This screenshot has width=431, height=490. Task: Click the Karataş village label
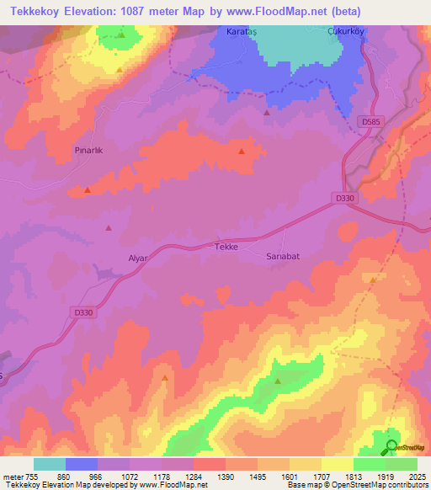[x=241, y=31]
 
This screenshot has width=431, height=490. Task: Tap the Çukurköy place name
[x=344, y=31]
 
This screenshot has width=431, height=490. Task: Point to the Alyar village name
[x=138, y=259]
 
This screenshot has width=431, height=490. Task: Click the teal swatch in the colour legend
[x=50, y=464]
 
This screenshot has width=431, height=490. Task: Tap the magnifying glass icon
[x=391, y=448]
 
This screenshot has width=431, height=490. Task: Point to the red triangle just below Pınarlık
[x=88, y=190]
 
